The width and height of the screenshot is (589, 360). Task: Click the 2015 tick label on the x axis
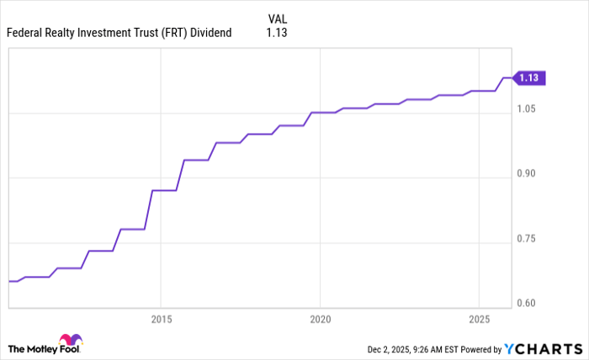pos(161,320)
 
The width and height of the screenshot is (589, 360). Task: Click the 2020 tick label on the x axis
pos(320,320)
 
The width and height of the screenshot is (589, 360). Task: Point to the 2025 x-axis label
pos(478,320)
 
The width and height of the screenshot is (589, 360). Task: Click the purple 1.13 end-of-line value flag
pos(530,78)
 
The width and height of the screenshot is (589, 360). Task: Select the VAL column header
pos(278,19)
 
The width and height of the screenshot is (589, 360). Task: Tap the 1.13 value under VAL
pos(277,34)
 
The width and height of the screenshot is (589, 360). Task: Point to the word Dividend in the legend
pos(211,34)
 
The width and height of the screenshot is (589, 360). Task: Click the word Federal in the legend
pos(25,34)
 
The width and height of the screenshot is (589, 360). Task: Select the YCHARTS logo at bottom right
pos(543,348)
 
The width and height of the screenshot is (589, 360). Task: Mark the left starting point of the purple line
pos(8,281)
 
